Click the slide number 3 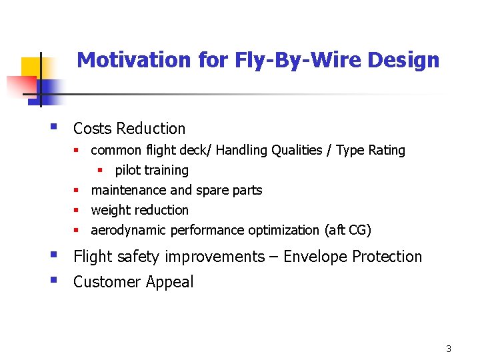click(449, 349)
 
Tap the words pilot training click(151, 170)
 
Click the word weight click(111, 210)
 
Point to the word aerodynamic click(129, 230)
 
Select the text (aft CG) click(347, 230)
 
